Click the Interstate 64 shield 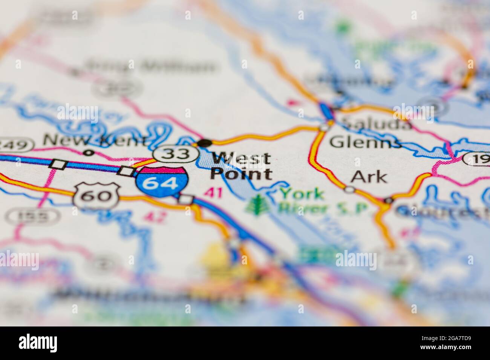click(162, 183)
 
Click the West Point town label click(241, 166)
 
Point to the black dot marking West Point click(205, 143)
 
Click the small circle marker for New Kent click(89, 153)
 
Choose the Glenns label click(365, 142)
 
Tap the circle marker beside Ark click(349, 189)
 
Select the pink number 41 click(213, 192)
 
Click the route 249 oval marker click(15, 145)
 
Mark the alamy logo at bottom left click(38, 343)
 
